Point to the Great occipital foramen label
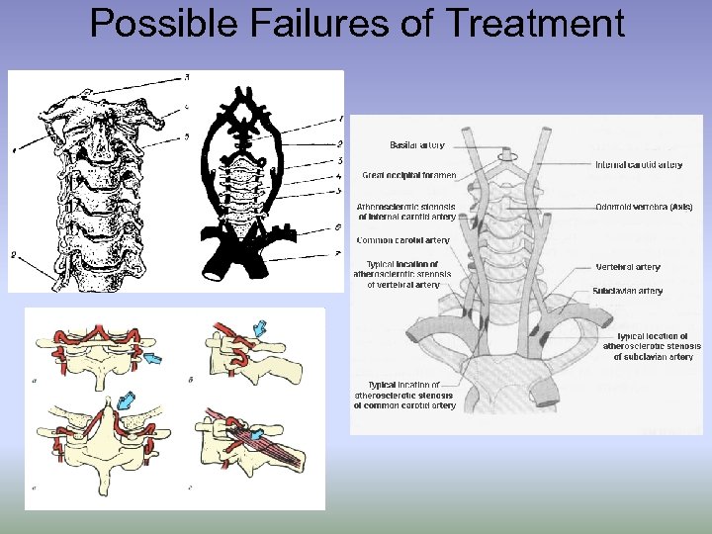(409, 175)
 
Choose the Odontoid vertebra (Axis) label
(644, 208)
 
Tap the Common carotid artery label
(403, 240)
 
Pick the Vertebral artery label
(628, 267)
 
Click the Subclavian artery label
(628, 291)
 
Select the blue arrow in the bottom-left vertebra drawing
(128, 400)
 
